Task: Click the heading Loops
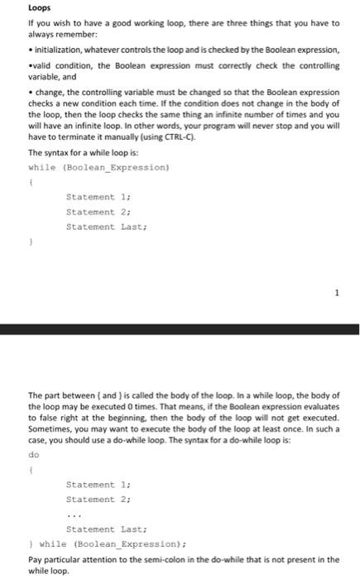(x=39, y=8)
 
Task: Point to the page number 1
(x=336, y=292)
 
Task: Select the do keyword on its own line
(x=33, y=454)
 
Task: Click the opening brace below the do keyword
(x=30, y=470)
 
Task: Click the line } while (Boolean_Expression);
(x=108, y=543)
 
